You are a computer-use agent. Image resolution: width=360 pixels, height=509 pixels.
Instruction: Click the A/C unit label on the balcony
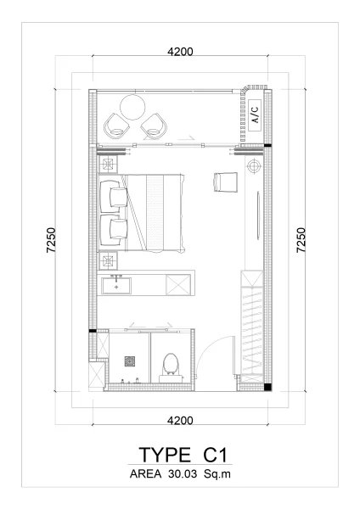pos(254,110)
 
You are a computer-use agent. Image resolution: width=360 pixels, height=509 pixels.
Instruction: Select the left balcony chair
pos(115,126)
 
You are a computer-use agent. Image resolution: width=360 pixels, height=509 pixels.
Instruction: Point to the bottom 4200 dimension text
pos(180,420)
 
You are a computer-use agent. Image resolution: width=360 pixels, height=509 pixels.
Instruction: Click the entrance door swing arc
pos(217,346)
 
